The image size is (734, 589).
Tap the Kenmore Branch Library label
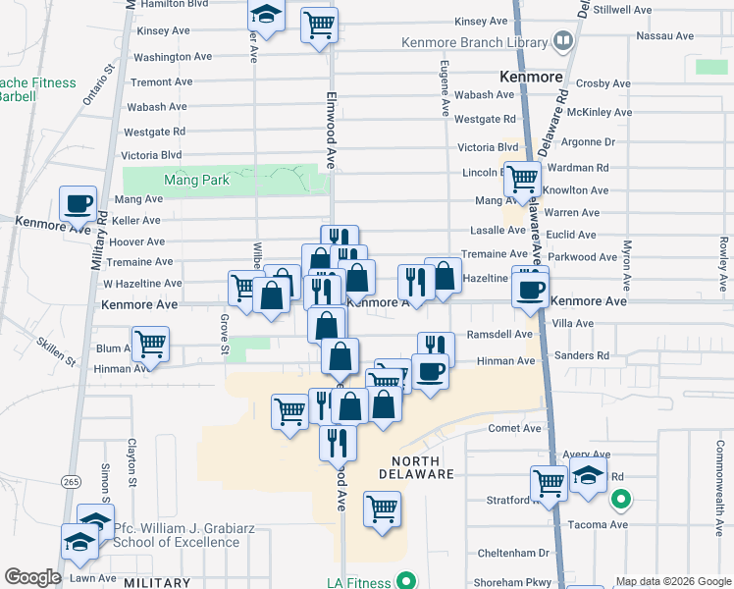474,43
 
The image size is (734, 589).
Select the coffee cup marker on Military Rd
78,204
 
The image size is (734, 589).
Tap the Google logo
31,577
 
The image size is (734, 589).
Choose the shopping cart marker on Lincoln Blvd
523,178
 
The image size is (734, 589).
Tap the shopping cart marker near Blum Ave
150,344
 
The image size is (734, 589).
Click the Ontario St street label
99,85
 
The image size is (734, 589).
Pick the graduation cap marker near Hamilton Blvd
264,15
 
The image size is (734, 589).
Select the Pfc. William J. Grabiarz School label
177,534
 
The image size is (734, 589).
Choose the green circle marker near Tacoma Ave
620,502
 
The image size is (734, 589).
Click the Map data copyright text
670,581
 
